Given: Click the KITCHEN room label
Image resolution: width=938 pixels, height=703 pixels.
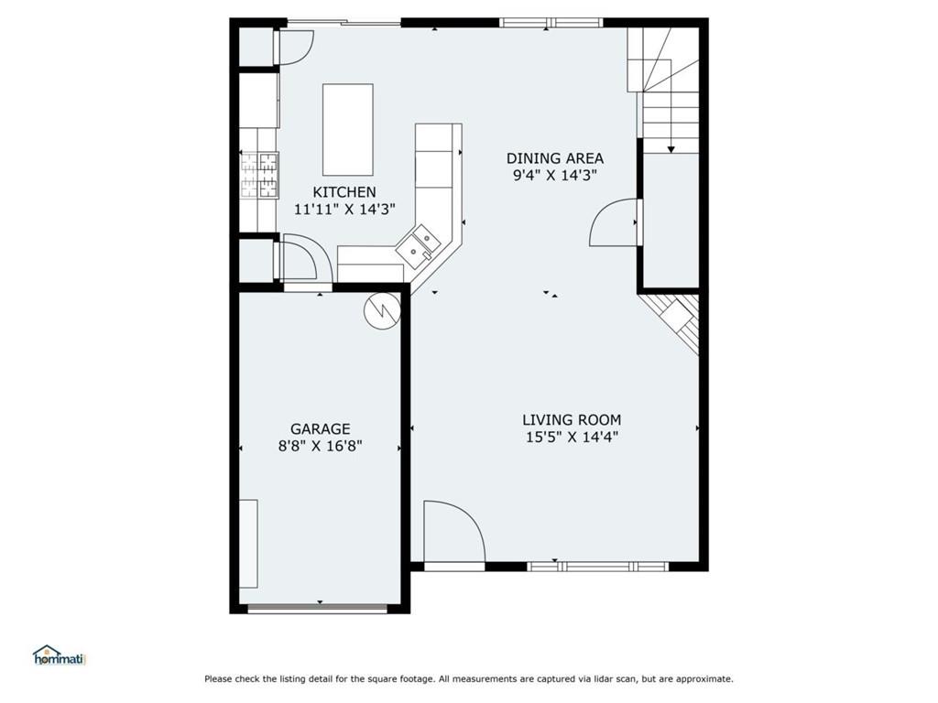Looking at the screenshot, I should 344,192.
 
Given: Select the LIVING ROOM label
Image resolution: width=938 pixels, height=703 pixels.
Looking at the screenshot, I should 572,420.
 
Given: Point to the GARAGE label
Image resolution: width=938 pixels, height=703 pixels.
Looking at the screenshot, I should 321,428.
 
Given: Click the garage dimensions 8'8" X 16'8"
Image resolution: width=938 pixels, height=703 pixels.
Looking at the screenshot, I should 321,447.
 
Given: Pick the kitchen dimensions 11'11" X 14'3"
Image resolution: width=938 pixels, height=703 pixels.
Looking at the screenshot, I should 344,210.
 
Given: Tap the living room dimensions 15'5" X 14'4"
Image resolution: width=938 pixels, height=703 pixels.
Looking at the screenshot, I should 572,438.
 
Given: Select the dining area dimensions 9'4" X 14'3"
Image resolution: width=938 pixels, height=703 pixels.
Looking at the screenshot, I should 555,176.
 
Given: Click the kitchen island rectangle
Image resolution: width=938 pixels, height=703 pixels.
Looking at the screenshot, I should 348,129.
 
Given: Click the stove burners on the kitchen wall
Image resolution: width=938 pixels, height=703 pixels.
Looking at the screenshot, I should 259,175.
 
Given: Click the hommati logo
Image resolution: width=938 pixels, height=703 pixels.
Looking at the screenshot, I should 59,655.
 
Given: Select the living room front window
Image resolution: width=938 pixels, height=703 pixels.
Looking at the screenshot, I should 599,567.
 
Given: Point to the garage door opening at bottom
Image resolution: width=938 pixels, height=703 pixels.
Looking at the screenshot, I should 320,608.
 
